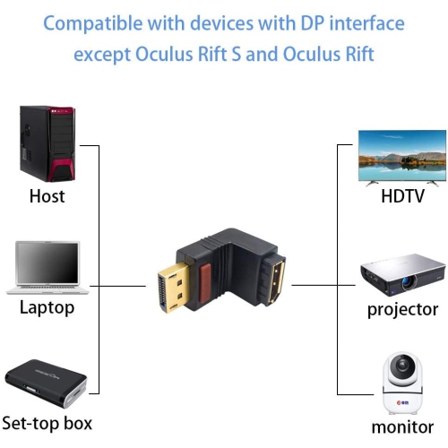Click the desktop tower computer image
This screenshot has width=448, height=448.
coord(46,143)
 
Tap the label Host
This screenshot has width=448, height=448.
coord(47,195)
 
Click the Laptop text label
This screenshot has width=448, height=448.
coord(47,308)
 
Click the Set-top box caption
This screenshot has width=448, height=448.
coord(47,423)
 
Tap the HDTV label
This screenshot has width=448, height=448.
coord(402,196)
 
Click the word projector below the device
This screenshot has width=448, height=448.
coord(402,310)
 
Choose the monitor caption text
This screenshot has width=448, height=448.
coord(402,426)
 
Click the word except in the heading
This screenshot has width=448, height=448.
coord(103,55)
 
